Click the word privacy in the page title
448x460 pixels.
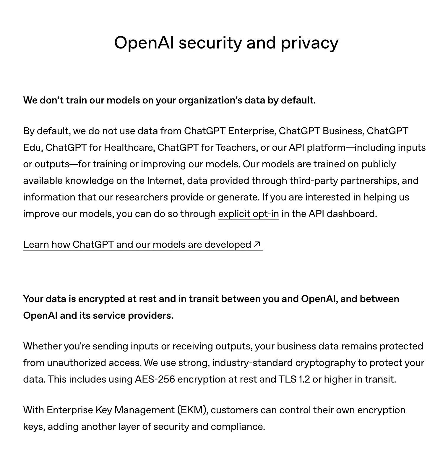(309, 43)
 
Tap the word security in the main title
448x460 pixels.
(210, 43)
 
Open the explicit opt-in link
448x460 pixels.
(248, 214)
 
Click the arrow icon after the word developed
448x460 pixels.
(257, 244)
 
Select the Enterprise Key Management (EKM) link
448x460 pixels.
(126, 410)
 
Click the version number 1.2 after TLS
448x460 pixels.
(304, 379)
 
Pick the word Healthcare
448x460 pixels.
(129, 148)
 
